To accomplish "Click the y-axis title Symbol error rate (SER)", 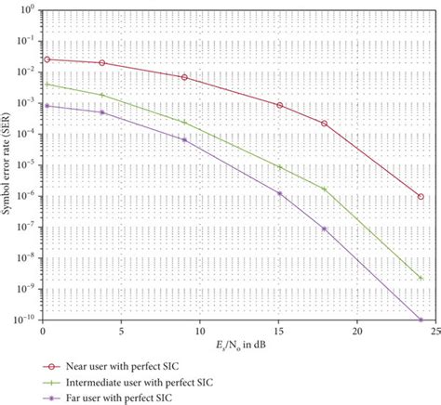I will pyautogui.click(x=8, y=166).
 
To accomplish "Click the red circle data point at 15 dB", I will pyautogui.click(x=279, y=106).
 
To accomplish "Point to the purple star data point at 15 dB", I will pyautogui.click(x=279, y=193).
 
